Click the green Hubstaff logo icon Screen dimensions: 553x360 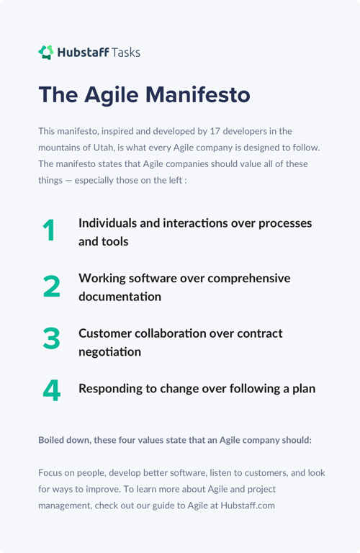coord(46,52)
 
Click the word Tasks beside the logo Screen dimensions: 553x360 coord(126,52)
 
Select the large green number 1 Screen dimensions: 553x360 coord(49,231)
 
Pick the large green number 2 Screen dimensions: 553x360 coord(51,287)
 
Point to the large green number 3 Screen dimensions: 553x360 coord(51,338)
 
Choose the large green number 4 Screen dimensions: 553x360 coord(51,390)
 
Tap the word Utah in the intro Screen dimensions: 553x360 coord(102,148)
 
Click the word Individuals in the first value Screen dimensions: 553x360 coord(108,223)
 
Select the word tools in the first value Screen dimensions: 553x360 coord(115,241)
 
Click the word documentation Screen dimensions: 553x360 coord(120,297)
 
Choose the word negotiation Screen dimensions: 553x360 coord(109,352)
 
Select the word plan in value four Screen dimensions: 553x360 coord(302,389)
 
